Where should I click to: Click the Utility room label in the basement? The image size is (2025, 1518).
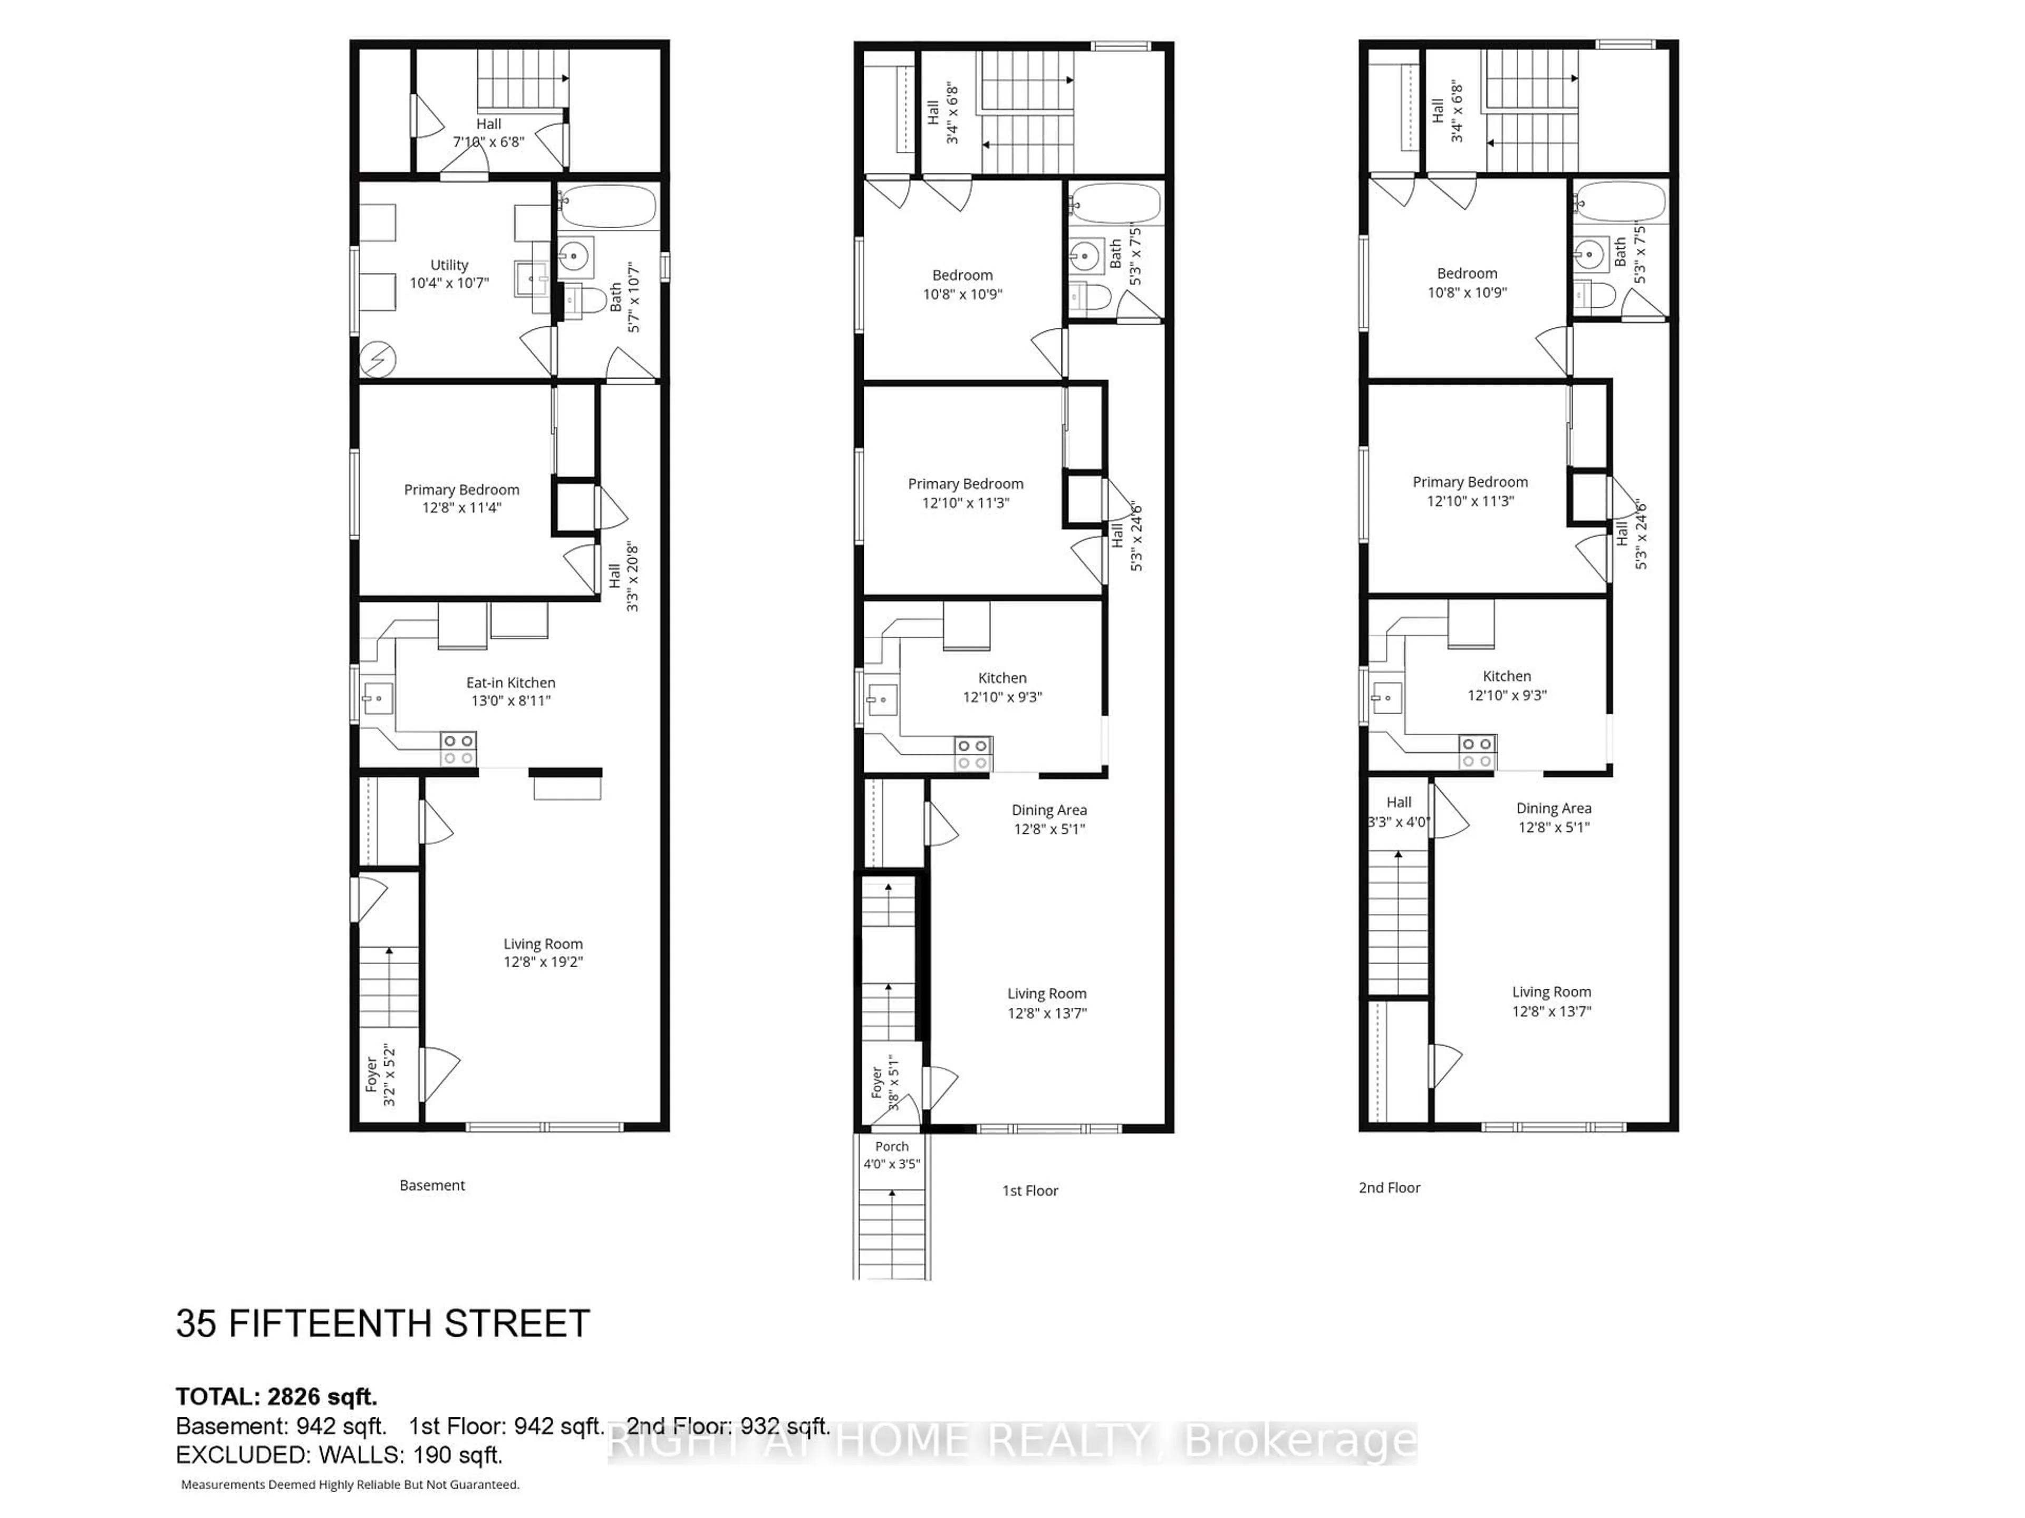(449, 265)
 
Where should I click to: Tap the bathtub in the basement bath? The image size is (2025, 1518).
(608, 207)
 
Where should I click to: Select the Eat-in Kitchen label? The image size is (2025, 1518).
(511, 683)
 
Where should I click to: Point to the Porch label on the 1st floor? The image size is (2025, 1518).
(892, 1146)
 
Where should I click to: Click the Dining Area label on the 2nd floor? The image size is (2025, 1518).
(1554, 808)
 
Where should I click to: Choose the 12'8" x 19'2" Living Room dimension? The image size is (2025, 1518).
(543, 962)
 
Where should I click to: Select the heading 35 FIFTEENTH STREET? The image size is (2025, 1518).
(383, 1324)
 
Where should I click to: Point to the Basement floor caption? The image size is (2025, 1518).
(432, 1185)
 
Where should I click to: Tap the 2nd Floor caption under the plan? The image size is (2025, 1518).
(1388, 1188)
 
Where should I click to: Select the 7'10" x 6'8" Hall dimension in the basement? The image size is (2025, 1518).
(489, 142)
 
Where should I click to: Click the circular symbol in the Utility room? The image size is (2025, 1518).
(377, 359)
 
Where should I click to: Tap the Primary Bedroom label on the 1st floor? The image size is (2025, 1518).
(965, 484)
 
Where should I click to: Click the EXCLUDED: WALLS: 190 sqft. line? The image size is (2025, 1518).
(339, 1455)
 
